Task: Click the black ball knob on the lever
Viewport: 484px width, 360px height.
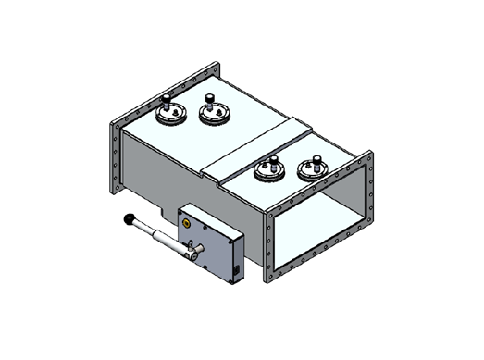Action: click(x=130, y=220)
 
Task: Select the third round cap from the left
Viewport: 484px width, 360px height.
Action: click(x=268, y=170)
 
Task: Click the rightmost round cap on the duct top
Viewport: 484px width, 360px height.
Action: click(x=312, y=171)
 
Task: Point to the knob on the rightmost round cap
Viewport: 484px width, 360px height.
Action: click(x=316, y=158)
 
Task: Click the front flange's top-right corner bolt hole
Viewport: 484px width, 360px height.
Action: click(x=367, y=158)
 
